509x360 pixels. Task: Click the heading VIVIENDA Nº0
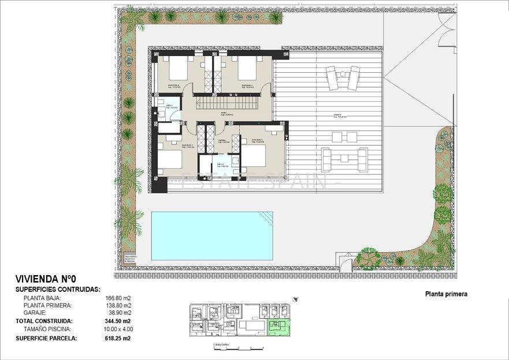click(45, 278)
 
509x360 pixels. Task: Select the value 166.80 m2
click(118, 298)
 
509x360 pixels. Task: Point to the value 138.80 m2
click(118, 305)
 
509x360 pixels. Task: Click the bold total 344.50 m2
click(118, 321)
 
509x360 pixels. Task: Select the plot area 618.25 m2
click(118, 339)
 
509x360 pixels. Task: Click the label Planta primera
click(446, 294)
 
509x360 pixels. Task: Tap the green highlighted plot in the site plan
click(281, 327)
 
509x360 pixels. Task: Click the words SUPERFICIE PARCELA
click(46, 339)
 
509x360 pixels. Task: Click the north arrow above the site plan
click(296, 299)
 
